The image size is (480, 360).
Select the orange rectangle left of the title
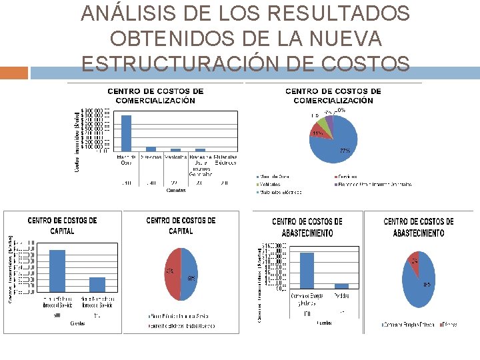(14, 73)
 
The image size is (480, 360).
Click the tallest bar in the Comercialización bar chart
(126, 133)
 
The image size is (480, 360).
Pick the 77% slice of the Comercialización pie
(340, 143)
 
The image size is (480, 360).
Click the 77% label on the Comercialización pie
(345, 151)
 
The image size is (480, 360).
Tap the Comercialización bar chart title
(155, 96)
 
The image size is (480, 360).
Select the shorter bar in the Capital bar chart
(97, 285)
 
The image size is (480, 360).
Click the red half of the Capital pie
(171, 275)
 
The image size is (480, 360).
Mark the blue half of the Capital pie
(189, 275)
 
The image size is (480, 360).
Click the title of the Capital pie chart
(181, 225)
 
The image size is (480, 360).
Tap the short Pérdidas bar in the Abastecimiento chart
(341, 285)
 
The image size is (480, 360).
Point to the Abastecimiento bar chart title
(307, 227)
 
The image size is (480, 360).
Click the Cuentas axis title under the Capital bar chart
(78, 323)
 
